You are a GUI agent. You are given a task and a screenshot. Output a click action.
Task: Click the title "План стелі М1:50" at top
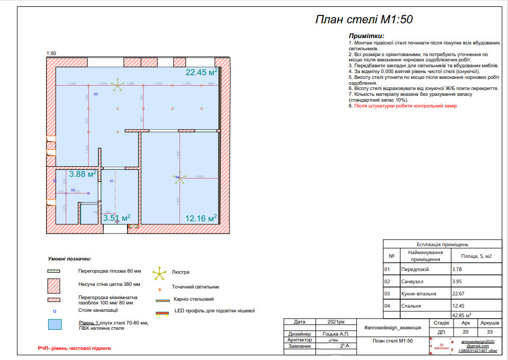364,20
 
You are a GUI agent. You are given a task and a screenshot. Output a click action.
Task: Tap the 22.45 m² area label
201,73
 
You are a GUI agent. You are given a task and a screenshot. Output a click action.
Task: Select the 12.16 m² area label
201,218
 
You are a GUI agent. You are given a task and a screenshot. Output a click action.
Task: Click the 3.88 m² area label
82,174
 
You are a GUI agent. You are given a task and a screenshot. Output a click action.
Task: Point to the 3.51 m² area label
116,218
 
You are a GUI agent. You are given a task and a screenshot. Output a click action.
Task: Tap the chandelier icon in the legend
159,273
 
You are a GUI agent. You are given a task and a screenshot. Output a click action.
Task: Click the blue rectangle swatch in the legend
55,324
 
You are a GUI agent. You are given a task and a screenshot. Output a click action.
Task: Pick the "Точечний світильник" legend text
195,287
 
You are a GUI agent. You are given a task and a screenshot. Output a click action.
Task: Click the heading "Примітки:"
366,35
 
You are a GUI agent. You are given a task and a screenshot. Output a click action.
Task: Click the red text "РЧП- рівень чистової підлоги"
74,348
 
